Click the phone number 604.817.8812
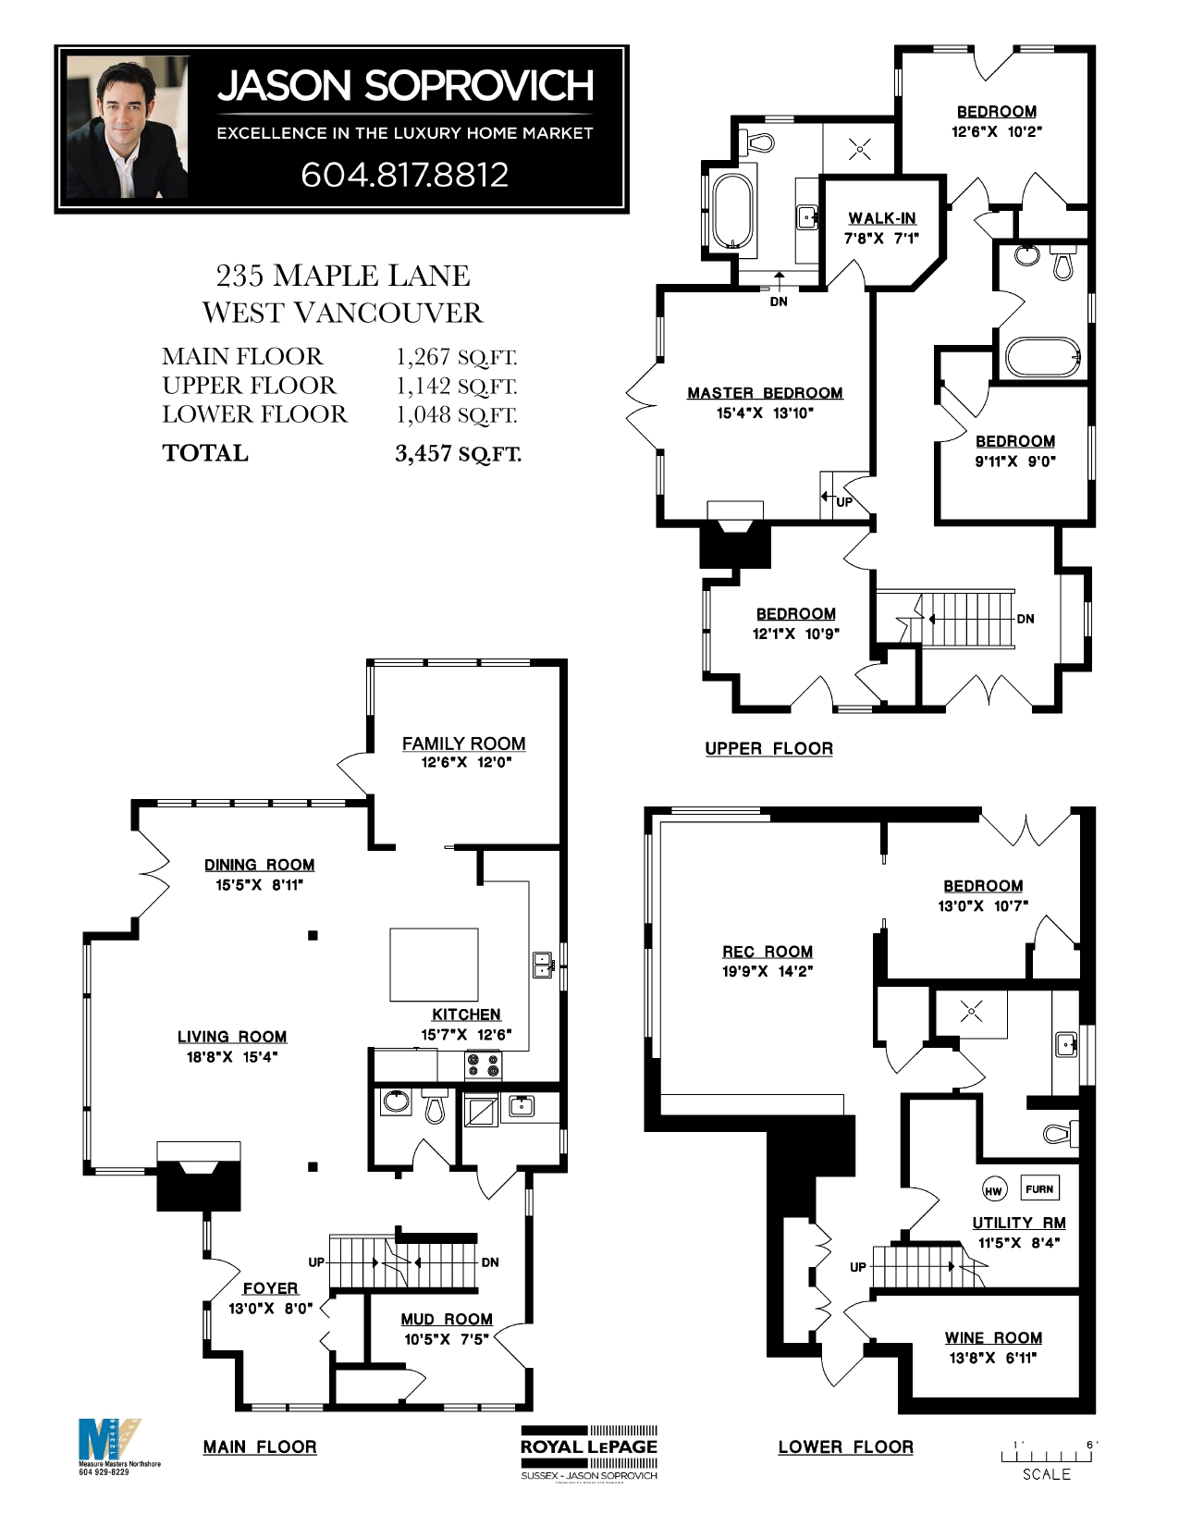pyautogui.click(x=404, y=175)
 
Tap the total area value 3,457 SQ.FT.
pyautogui.click(x=458, y=453)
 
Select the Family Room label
pyautogui.click(x=463, y=744)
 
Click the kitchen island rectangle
pyautogui.click(x=434, y=965)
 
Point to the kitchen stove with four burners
pyautogui.click(x=483, y=1065)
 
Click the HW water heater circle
pyautogui.click(x=992, y=1190)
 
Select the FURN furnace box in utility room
pyautogui.click(x=1039, y=1188)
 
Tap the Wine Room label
pyautogui.click(x=993, y=1337)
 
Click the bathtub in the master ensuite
pyautogui.click(x=732, y=212)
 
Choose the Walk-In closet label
pyautogui.click(x=882, y=218)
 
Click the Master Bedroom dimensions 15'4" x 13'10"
pyautogui.click(x=765, y=413)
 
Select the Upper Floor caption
pyautogui.click(x=768, y=748)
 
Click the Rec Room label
pyautogui.click(x=768, y=952)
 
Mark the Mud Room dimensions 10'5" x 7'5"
pyautogui.click(x=447, y=1339)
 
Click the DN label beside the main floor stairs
pyautogui.click(x=490, y=1262)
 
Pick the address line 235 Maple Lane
pyautogui.click(x=342, y=276)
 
